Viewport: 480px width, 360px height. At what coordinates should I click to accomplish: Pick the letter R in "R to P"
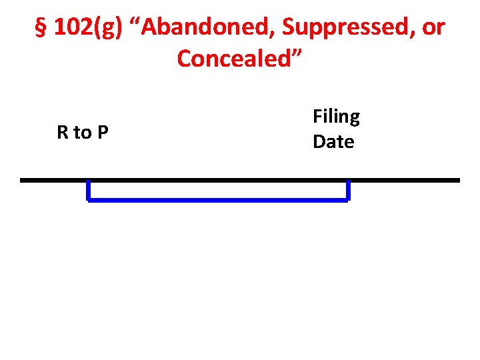pos(63,133)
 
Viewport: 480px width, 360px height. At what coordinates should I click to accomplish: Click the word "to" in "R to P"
pos(83,133)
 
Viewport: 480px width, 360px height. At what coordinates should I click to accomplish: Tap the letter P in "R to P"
pos(102,133)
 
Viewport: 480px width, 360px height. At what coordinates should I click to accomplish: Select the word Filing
pos(336,117)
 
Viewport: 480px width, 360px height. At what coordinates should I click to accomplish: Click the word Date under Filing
pos(333,141)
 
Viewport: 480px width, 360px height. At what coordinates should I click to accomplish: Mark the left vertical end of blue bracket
pos(89,191)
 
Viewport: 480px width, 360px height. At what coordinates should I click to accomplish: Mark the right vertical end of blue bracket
pos(347,191)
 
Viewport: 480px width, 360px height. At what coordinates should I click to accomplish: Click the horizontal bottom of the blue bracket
pos(218,199)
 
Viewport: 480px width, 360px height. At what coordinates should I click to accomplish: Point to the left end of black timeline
pos(22,180)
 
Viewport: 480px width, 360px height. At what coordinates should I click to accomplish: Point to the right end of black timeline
pos(458,180)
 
